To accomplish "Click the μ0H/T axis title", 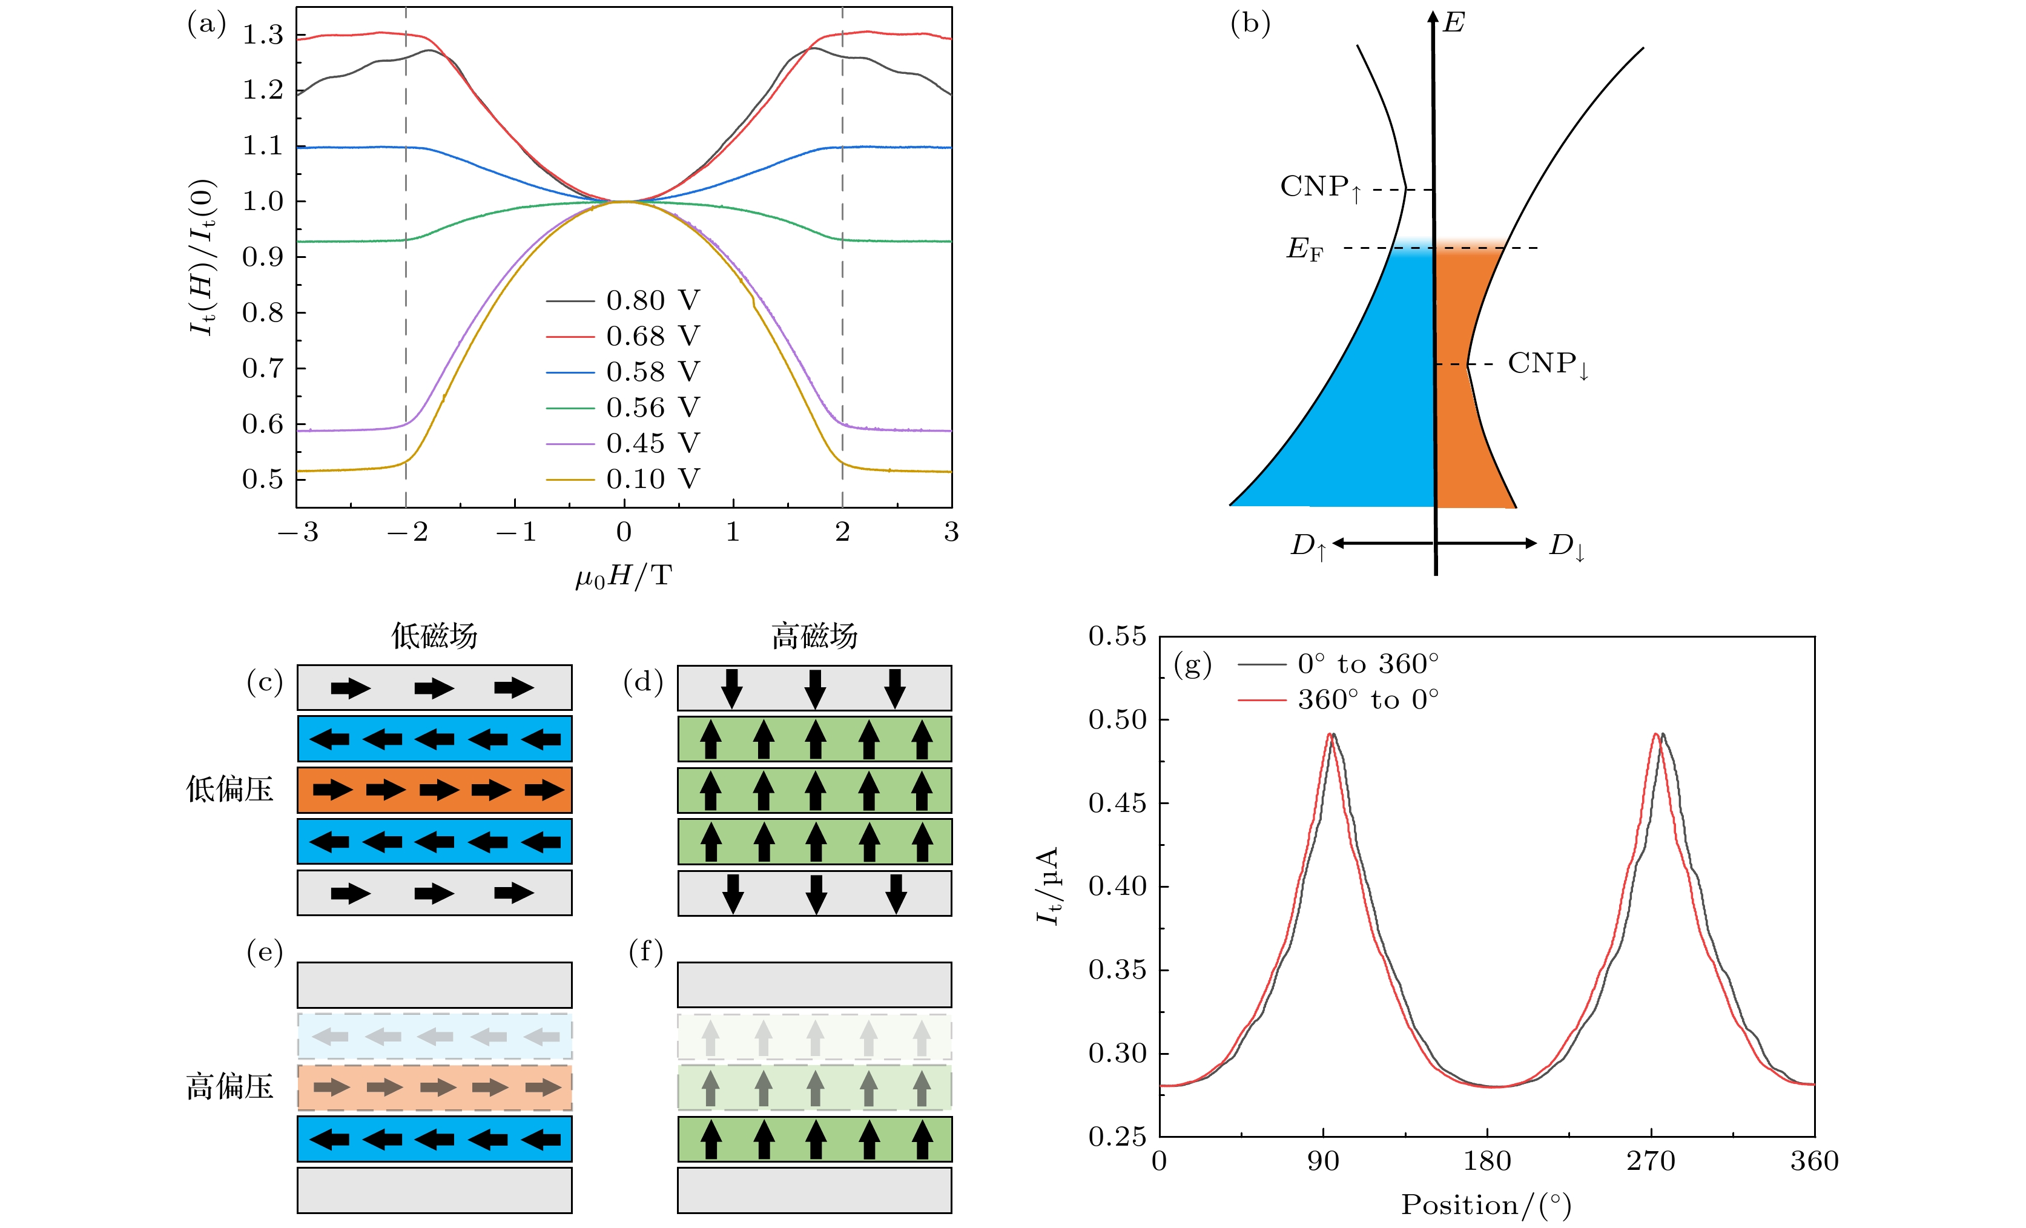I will click(623, 576).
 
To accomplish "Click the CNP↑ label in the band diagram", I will click(1321, 188).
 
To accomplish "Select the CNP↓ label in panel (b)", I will click(1548, 365).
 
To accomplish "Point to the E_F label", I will click(1305, 248).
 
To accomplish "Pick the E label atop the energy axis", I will click(1454, 22).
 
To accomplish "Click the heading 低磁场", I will click(434, 636).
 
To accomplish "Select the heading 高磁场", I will click(814, 636).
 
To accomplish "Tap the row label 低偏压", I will click(229, 790).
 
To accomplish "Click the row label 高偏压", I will click(229, 1088).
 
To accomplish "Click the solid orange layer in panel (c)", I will click(434, 790).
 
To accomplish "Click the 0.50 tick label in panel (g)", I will click(1117, 720).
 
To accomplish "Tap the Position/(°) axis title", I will click(1486, 1205).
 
